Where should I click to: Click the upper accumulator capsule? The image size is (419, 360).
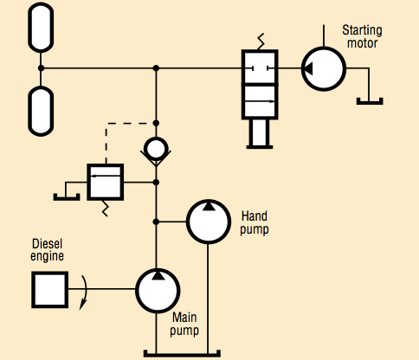click(41, 29)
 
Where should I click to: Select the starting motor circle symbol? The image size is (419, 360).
click(323, 68)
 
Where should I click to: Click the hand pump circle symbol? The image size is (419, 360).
click(209, 223)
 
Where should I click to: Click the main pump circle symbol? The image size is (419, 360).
click(157, 289)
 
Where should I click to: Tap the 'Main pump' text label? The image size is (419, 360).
click(185, 324)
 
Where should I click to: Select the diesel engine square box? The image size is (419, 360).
click(50, 289)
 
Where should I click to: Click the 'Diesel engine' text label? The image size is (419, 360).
click(48, 250)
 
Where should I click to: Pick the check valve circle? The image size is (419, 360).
click(157, 150)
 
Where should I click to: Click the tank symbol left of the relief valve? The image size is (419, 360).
click(67, 194)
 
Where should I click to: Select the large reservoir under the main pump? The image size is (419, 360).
click(183, 351)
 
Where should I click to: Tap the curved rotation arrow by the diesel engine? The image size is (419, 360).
click(84, 290)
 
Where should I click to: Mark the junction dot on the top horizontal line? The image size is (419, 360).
click(157, 67)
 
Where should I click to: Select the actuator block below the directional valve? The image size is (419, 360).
click(261, 132)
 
